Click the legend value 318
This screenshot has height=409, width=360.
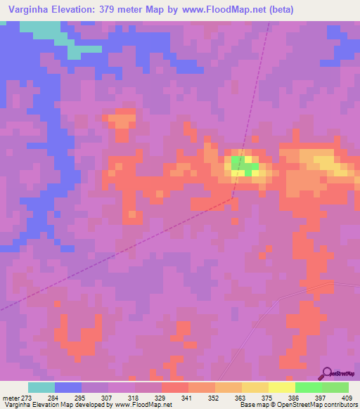pos(138,397)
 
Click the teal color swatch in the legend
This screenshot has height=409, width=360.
pos(41,387)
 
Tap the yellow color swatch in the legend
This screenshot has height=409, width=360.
pos(282,387)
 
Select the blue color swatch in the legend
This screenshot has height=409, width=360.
pos(68,387)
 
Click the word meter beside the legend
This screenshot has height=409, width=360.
pos(10,397)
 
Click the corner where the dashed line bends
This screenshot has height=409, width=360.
pos(232,198)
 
